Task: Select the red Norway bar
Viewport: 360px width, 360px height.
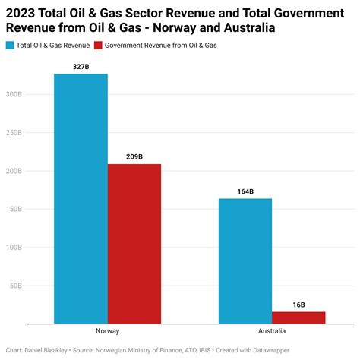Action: [x=134, y=244]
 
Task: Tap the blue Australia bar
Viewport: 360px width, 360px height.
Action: [x=245, y=261]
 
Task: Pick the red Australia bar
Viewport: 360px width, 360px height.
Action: [x=298, y=317]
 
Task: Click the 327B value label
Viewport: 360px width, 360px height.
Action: [x=81, y=66]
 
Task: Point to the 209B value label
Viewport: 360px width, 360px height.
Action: [x=134, y=156]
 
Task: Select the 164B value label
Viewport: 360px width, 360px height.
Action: [x=245, y=191]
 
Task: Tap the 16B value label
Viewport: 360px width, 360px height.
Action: [x=298, y=305]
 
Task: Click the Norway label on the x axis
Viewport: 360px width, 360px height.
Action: [x=107, y=331]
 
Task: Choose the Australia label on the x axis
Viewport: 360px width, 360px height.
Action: [x=272, y=331]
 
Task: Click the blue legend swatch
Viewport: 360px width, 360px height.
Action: [x=10, y=45]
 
